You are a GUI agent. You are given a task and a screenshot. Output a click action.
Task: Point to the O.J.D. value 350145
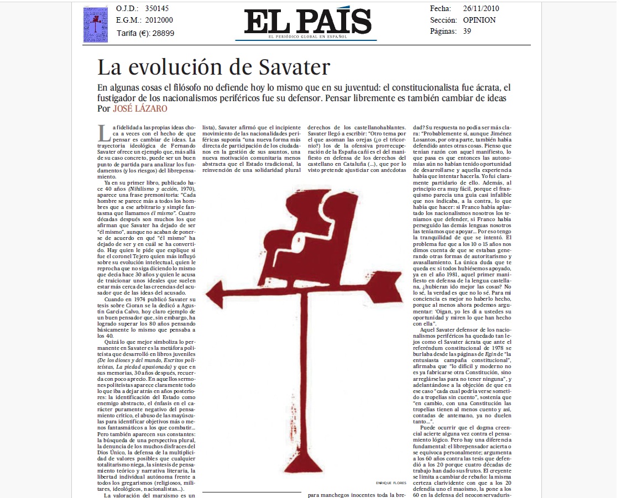157,9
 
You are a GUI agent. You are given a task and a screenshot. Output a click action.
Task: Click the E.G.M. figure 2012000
160,20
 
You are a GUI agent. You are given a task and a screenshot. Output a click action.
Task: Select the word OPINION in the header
479,20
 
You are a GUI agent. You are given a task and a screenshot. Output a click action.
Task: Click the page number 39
467,32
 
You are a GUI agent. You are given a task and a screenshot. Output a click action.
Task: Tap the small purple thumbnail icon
96,25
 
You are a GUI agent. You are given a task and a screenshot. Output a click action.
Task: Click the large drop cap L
101,133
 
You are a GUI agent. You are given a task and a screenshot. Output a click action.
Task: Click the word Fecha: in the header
441,9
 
